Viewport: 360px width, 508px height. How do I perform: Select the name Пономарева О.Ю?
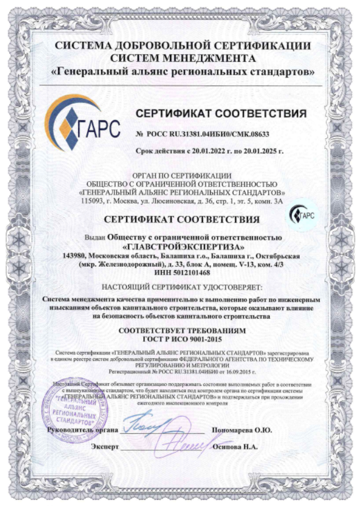[242, 430]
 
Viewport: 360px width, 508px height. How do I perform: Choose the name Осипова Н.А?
[237, 447]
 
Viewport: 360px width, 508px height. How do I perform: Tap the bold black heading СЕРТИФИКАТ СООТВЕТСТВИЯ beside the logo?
[221, 114]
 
